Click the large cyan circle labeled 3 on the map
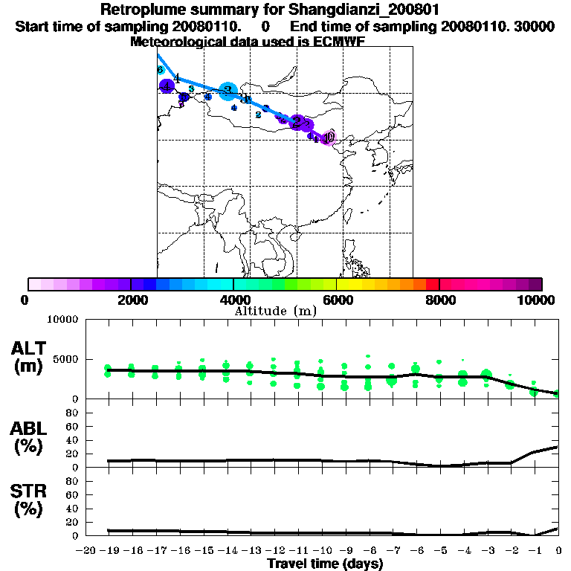tap(228, 91)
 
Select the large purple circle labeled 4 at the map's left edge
tap(167, 86)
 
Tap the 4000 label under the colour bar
tap(233, 300)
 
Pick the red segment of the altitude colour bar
tap(432, 284)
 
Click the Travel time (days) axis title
tap(325, 564)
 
